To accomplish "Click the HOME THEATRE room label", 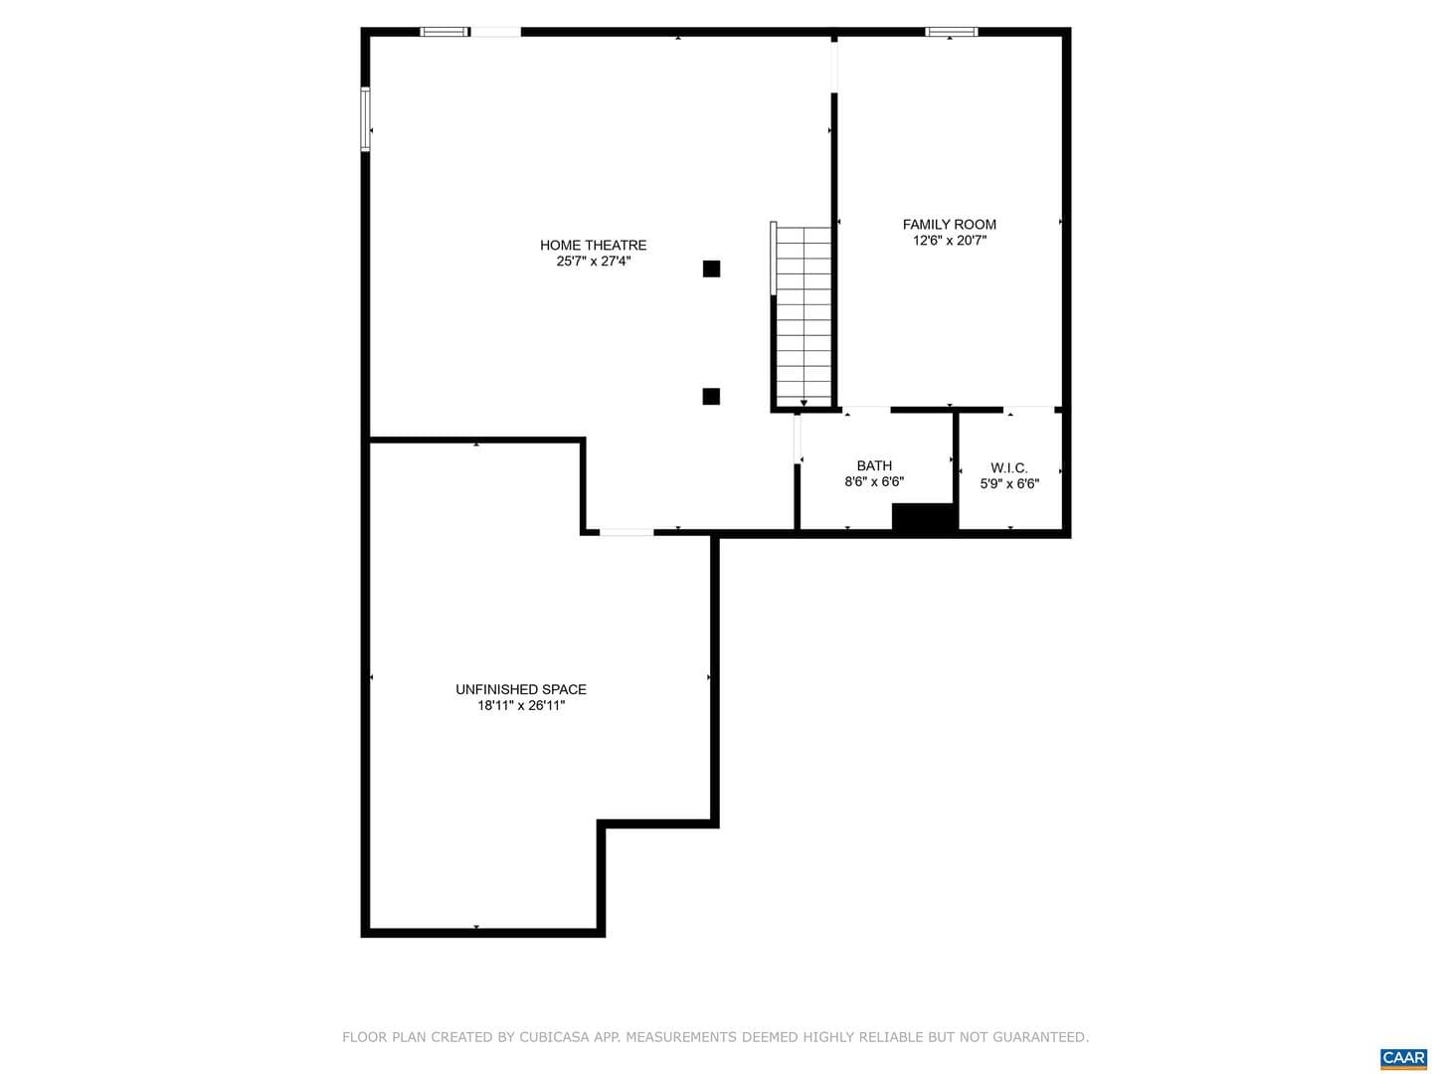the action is point(593,246).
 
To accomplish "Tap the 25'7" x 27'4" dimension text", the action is point(593,262).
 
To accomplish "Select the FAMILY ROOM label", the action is point(949,225).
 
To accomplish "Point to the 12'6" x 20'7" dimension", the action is point(950,241).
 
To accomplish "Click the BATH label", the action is point(873,465).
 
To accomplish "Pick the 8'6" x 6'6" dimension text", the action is point(873,482).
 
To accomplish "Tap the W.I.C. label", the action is point(1008,467).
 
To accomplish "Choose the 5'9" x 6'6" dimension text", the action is point(1009,484).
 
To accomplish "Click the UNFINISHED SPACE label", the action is point(521,689).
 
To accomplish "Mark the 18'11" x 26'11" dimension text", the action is point(521,706).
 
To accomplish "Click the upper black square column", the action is point(710,268).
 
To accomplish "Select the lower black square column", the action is point(710,396).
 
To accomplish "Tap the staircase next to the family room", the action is point(804,317).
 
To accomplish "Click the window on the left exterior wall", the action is point(365,119).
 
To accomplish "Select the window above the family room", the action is point(951,31).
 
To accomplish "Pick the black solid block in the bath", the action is point(924,518).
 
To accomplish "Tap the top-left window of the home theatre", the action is point(445,31).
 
